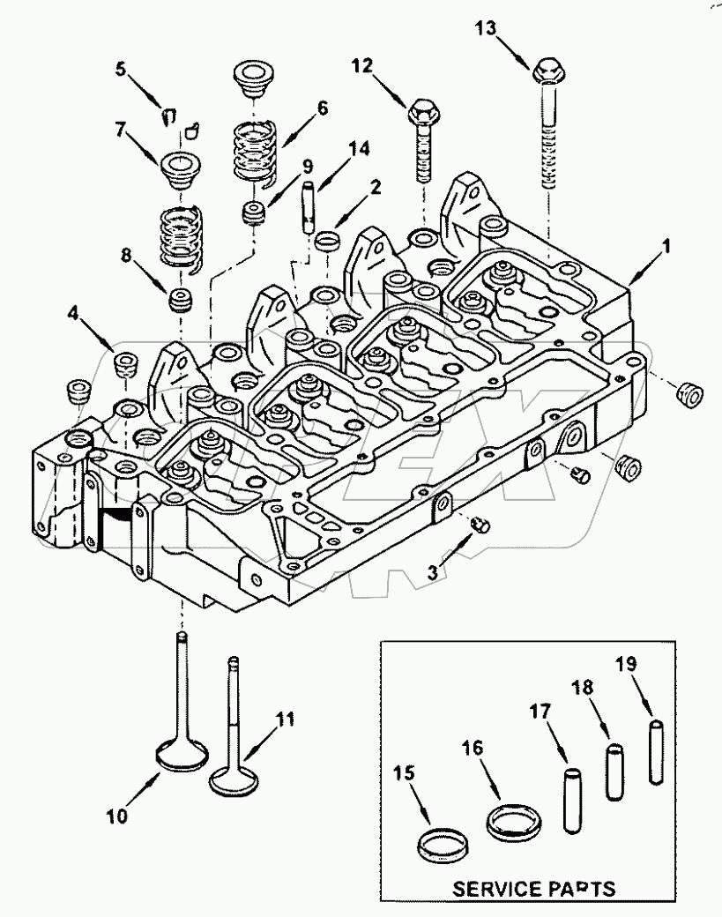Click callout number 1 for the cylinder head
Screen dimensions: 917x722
click(x=666, y=250)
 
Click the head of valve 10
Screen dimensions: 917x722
click(x=182, y=755)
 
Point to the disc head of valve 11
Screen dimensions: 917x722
click(x=231, y=779)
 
